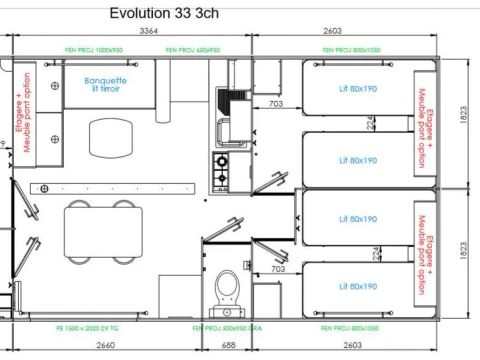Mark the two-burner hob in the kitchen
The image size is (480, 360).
coord(220,169)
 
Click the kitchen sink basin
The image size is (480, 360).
coord(222,129)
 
